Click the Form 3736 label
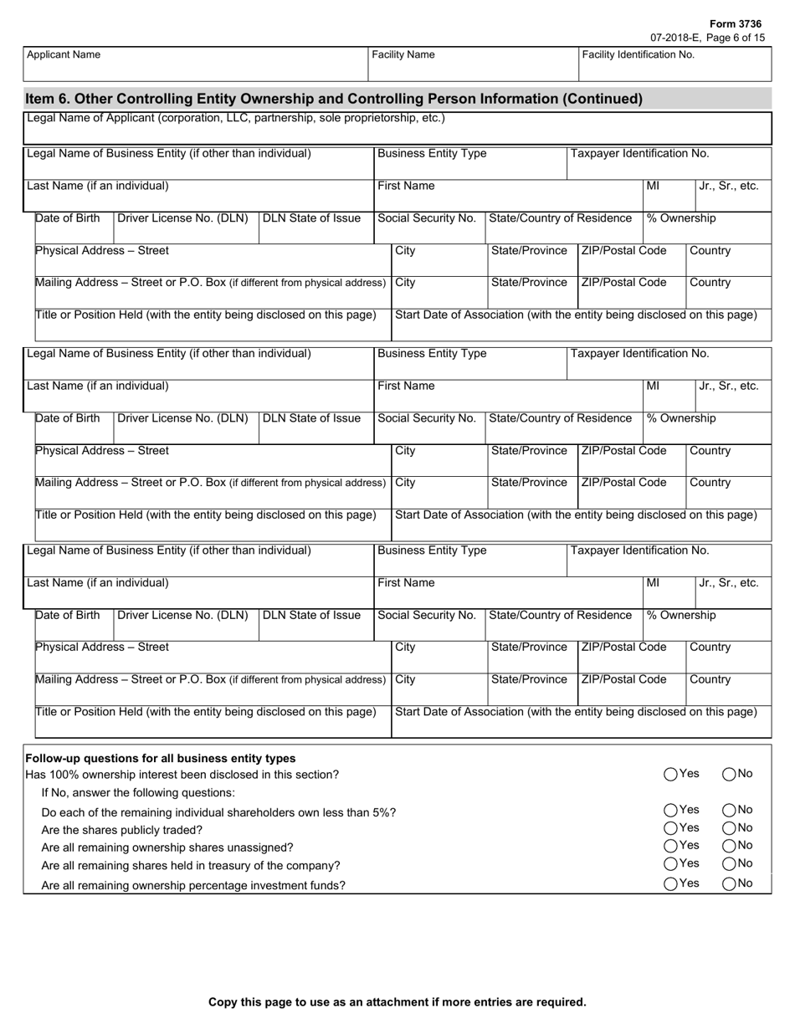click(736, 24)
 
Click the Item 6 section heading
click(334, 99)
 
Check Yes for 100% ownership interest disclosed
click(671, 775)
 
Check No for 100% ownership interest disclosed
click(729, 775)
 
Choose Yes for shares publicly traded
click(671, 828)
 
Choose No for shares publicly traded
click(729, 828)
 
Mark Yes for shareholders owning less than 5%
click(671, 810)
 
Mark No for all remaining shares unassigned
click(729, 846)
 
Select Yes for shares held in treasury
click(671, 864)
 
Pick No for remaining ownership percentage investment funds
click(729, 883)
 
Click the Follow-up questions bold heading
click(161, 758)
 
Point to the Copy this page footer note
click(397, 1001)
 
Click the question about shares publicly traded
click(122, 830)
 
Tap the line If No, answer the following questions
click(138, 792)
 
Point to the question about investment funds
click(193, 885)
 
